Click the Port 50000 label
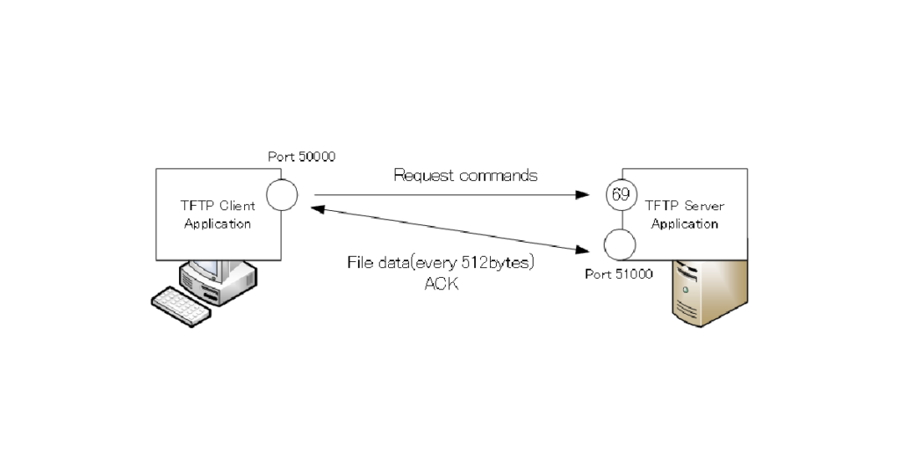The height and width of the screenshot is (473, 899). pyautogui.click(x=302, y=156)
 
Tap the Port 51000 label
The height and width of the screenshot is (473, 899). pyautogui.click(x=618, y=274)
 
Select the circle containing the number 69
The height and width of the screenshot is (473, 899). pyautogui.click(x=620, y=195)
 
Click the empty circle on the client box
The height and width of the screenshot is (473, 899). pyautogui.click(x=282, y=195)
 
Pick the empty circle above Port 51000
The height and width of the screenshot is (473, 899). pyautogui.click(x=620, y=244)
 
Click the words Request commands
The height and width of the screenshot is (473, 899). pyautogui.click(x=465, y=175)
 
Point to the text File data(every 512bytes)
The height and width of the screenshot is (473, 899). pyautogui.click(x=441, y=263)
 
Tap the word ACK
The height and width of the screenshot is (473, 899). pyautogui.click(x=441, y=284)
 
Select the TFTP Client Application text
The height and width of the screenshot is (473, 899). pyautogui.click(x=218, y=215)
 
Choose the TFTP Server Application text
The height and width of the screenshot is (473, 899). pyautogui.click(x=685, y=215)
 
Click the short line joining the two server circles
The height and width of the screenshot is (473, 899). pyautogui.click(x=620, y=219)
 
